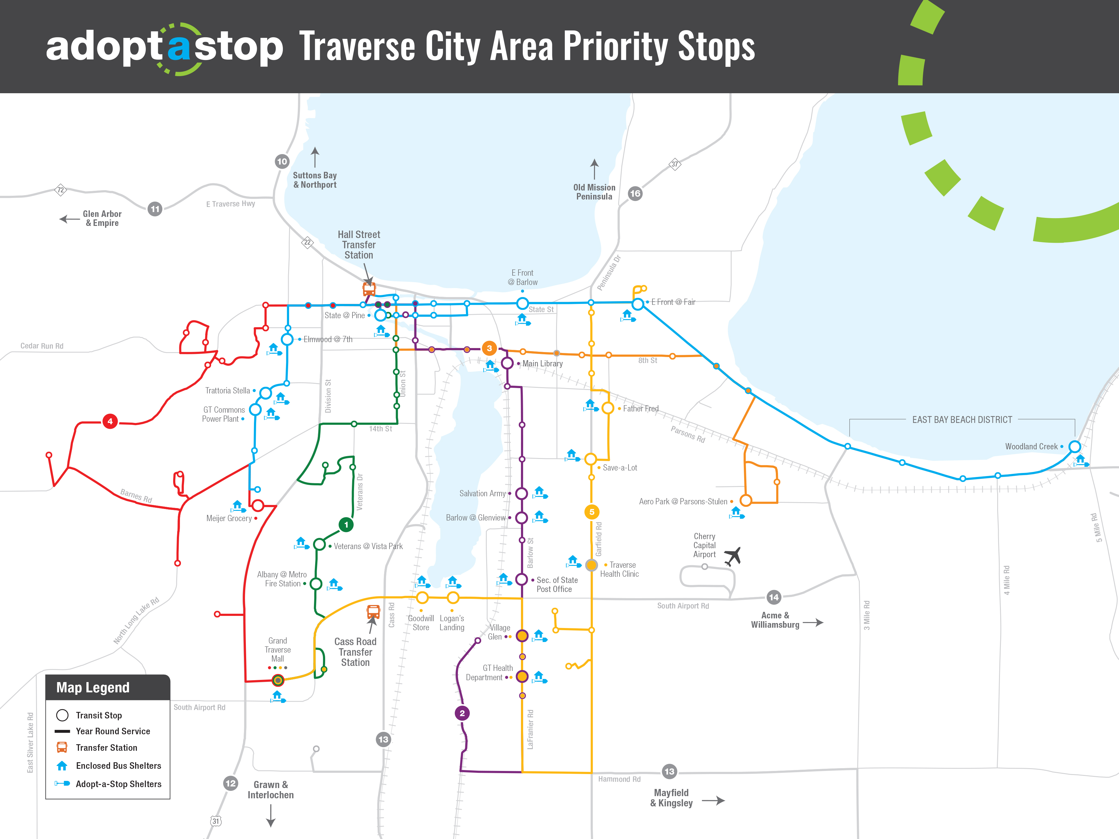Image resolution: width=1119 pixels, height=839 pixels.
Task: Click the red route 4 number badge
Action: (110, 421)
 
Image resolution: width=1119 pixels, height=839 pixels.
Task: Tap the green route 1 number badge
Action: (346, 525)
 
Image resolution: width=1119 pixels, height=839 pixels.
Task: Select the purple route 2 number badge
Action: (462, 713)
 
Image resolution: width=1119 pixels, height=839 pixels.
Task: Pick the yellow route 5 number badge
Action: (592, 512)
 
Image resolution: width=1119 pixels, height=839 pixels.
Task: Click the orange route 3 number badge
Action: (489, 348)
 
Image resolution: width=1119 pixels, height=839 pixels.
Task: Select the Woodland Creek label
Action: (1031, 447)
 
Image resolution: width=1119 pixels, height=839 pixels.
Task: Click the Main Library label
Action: (542, 364)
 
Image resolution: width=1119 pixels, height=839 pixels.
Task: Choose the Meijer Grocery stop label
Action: (229, 518)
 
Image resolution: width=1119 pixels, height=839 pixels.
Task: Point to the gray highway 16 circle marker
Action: (635, 193)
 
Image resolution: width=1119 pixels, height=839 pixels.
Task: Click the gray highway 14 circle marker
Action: (773, 597)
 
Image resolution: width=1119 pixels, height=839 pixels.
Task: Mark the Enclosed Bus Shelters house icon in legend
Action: (62, 766)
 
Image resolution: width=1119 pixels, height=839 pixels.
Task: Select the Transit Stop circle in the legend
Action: (62, 715)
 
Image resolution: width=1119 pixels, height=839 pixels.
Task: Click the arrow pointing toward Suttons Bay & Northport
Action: (315, 157)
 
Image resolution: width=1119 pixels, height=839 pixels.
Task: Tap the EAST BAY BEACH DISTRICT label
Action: (962, 420)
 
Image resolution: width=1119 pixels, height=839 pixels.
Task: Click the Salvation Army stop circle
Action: (522, 493)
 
